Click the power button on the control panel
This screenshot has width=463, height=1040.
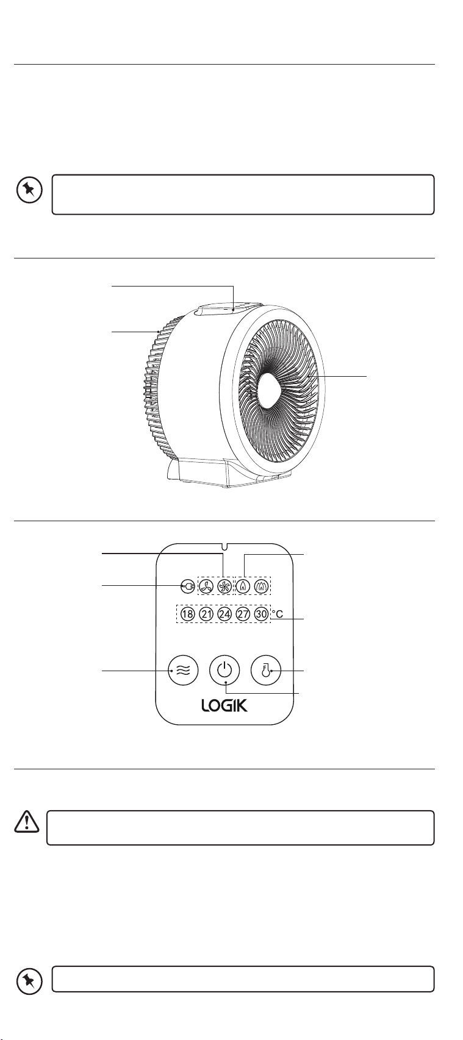(x=224, y=671)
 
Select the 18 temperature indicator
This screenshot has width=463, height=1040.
(x=188, y=614)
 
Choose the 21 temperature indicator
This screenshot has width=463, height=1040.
(x=207, y=614)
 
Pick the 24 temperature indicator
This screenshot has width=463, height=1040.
(x=225, y=614)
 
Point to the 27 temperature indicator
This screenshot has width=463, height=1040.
(x=243, y=614)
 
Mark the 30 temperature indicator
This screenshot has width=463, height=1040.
(x=261, y=614)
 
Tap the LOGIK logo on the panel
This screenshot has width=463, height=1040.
(x=225, y=707)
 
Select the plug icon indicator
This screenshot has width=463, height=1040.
(x=188, y=586)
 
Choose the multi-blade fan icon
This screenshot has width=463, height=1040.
(x=224, y=586)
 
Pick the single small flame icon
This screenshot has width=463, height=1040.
(x=245, y=586)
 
